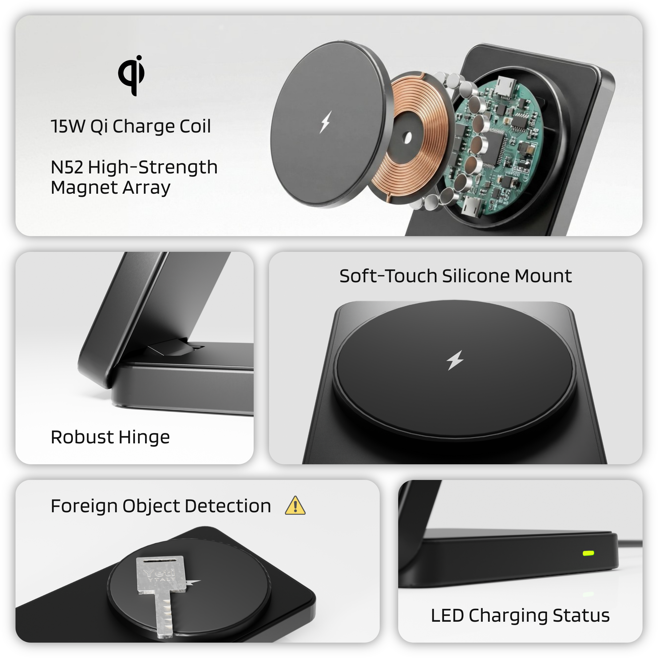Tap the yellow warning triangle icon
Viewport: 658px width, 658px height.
295,506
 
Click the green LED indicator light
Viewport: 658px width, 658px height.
589,553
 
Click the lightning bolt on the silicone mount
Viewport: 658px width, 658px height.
455,360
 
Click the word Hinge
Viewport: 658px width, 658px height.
144,437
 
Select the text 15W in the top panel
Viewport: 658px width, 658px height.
68,126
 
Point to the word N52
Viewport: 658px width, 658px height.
67,167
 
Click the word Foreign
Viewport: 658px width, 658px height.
84,506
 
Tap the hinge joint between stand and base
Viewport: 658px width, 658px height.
170,349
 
